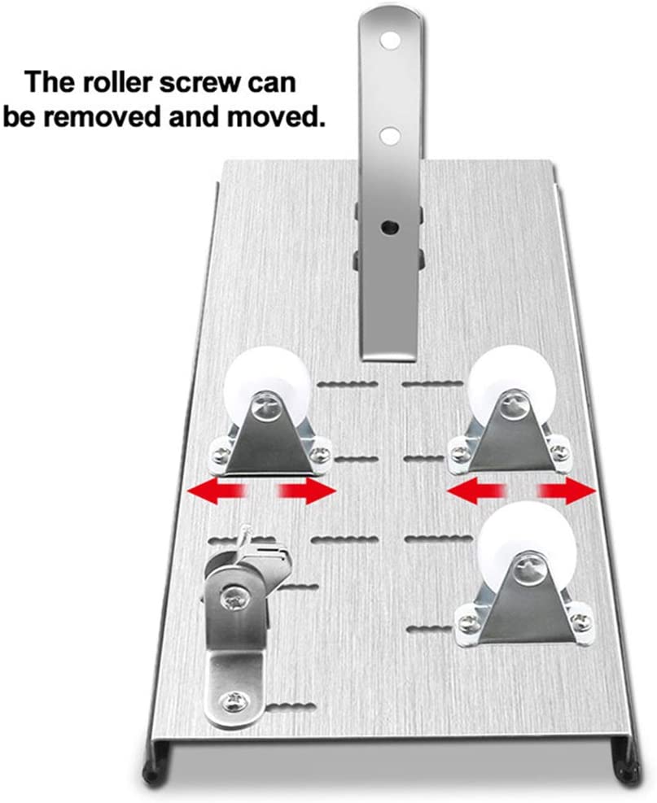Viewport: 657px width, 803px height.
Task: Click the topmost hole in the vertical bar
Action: tap(390, 39)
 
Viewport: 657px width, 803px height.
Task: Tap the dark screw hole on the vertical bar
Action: tap(388, 226)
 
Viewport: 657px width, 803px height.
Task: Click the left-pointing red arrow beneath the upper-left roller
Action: tap(218, 491)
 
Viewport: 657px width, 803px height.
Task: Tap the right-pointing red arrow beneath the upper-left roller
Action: tap(306, 491)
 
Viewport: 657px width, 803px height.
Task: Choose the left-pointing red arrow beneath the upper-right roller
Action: tap(476, 491)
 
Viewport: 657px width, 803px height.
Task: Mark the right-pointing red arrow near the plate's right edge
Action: tap(567, 491)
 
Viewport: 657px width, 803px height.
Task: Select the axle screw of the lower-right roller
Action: tap(528, 565)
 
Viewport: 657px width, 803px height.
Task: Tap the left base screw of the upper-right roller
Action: tap(459, 452)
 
